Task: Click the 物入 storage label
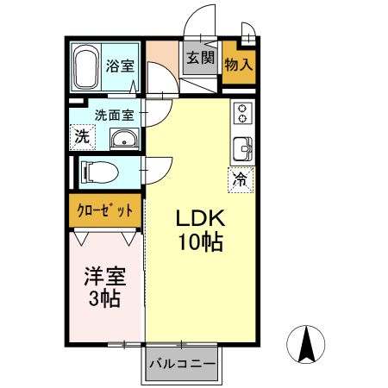[x=238, y=63]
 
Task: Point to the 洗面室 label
[x=114, y=113]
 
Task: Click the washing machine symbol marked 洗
[x=81, y=135]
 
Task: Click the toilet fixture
[x=97, y=172]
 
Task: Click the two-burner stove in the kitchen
[x=242, y=112]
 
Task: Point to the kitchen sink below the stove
[x=242, y=149]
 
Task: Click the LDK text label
[x=200, y=216]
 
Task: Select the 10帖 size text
[x=200, y=242]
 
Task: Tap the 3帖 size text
[x=104, y=300]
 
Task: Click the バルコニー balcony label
[x=181, y=364]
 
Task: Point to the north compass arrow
[x=305, y=345]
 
